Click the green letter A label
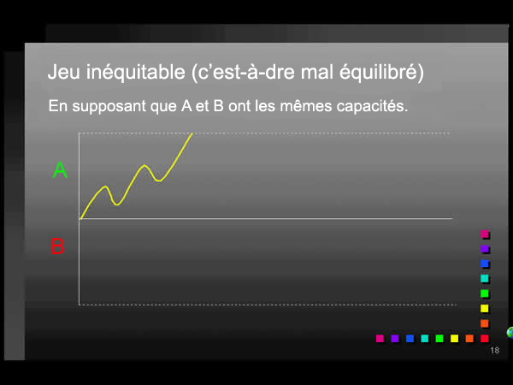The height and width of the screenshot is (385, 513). pos(60,170)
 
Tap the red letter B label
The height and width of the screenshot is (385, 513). pos(57,247)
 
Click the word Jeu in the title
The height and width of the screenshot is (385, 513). pos(64,73)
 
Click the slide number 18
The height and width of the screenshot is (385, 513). pos(495,352)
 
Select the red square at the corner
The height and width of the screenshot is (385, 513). pos(485,339)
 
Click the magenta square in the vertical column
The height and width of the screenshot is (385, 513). pos(485,234)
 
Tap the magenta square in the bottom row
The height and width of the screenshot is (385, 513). pos(380,339)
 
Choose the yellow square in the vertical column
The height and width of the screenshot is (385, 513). pos(485,309)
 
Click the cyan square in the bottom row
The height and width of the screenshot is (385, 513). pos(425,339)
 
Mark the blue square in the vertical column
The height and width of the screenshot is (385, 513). pos(485,264)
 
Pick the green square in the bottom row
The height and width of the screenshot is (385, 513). pos(439,339)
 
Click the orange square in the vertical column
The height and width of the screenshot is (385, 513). pos(485,323)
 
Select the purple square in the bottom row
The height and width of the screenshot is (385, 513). pos(395,339)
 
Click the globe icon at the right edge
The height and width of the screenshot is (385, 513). pos(510,332)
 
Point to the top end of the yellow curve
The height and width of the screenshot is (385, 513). pos(192,133)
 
